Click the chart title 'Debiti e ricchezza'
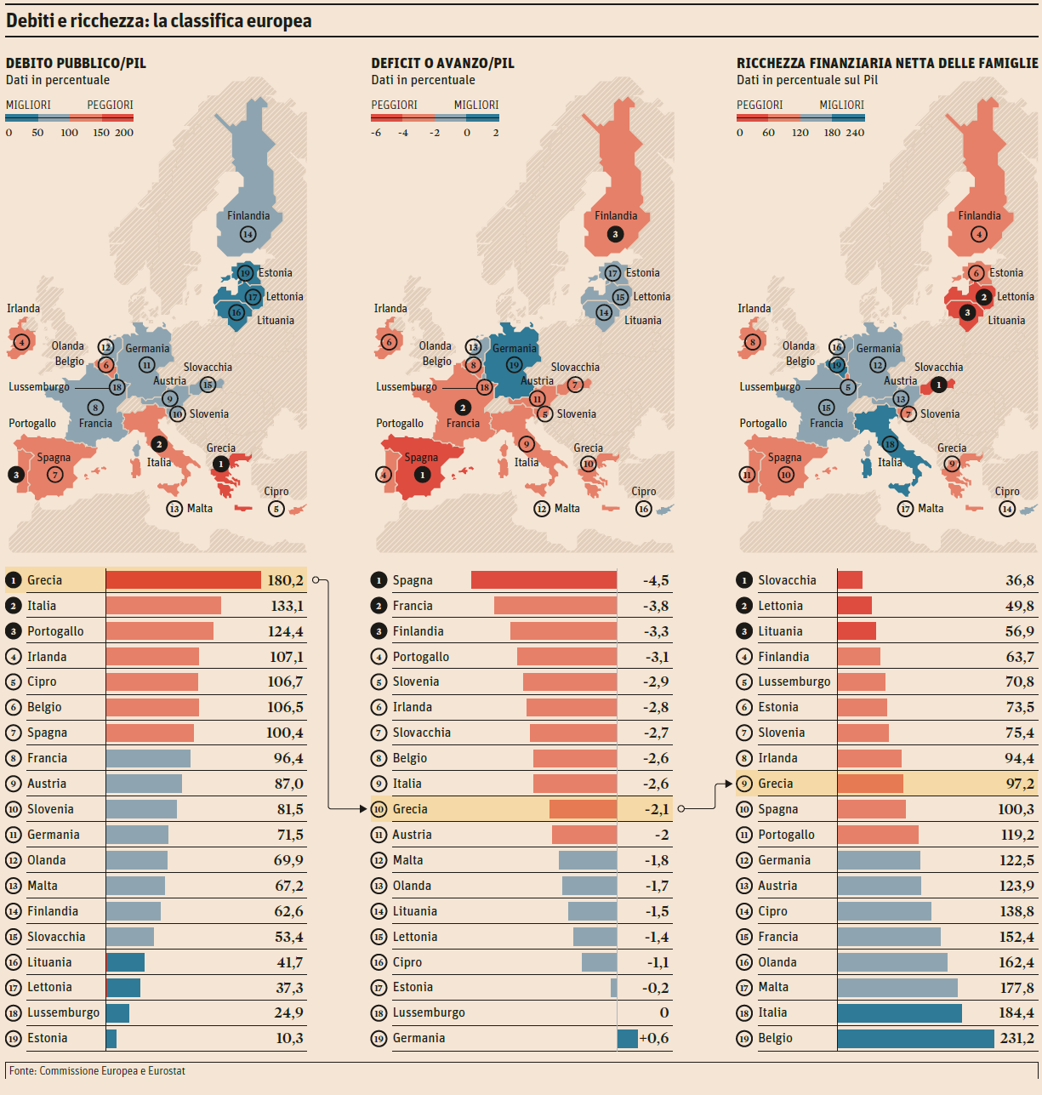click(x=158, y=20)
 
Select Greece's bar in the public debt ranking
click(x=183, y=580)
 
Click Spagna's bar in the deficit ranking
click(x=544, y=580)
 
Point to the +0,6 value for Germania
click(x=653, y=1038)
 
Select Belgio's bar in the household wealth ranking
click(x=915, y=1038)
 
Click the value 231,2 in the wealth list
click(x=1017, y=1038)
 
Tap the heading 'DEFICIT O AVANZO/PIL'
click(x=442, y=63)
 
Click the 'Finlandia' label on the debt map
click(x=248, y=215)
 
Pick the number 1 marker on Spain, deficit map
click(x=422, y=474)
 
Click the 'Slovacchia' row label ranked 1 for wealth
click(x=787, y=580)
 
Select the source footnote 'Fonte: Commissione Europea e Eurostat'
click(x=97, y=1070)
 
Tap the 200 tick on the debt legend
click(x=124, y=133)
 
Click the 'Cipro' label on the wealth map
click(x=1007, y=492)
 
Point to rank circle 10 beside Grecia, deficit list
click(x=379, y=809)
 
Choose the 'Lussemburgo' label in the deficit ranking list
click(x=429, y=1012)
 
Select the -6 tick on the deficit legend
click(x=376, y=133)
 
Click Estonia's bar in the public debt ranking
click(x=111, y=1038)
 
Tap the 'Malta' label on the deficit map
click(x=567, y=509)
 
